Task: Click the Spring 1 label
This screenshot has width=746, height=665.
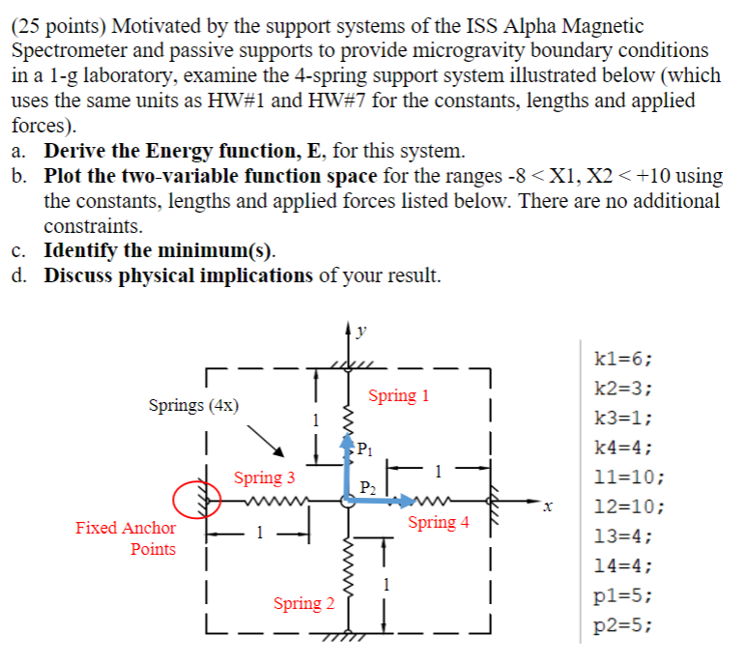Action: (398, 395)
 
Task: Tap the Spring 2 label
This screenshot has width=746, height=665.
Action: (303, 603)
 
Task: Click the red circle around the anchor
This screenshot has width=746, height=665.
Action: (196, 500)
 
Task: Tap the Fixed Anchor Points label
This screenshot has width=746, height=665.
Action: (127, 538)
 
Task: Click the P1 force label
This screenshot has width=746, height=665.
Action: (363, 448)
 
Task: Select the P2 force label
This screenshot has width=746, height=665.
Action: (368, 486)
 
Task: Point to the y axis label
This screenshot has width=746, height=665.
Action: (360, 331)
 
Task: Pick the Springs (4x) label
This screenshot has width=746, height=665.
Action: (193, 405)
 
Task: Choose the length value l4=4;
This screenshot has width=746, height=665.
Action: (625, 565)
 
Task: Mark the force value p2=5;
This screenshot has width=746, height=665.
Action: (625, 624)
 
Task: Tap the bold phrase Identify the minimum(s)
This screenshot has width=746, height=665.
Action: (159, 250)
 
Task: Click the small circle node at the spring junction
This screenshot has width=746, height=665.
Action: (346, 500)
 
